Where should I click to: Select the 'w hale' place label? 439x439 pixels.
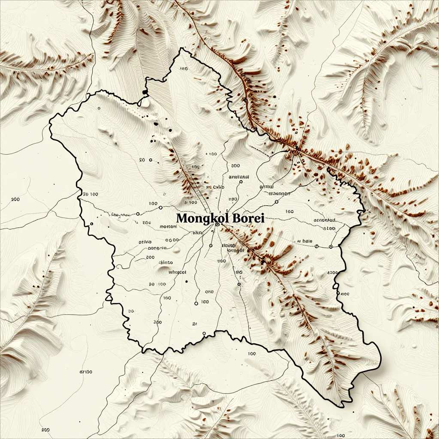305,241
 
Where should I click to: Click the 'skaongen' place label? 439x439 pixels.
279,193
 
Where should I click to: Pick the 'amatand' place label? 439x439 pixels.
239,176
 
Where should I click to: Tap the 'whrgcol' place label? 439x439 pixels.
178,272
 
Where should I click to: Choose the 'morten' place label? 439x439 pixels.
168,226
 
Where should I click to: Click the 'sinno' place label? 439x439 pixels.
166,262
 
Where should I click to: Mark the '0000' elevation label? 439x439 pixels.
171,241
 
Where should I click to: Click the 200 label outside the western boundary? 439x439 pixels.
15,199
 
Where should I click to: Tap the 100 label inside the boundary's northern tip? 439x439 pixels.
184,69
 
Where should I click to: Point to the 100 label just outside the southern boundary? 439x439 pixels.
252,354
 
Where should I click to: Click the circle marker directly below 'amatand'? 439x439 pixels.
241,182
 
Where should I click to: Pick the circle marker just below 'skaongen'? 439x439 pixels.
277,201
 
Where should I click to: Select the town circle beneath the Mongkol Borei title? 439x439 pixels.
217,224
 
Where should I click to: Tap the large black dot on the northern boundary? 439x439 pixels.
144,92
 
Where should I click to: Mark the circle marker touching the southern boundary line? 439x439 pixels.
204,334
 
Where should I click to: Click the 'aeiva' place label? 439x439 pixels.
145,242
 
